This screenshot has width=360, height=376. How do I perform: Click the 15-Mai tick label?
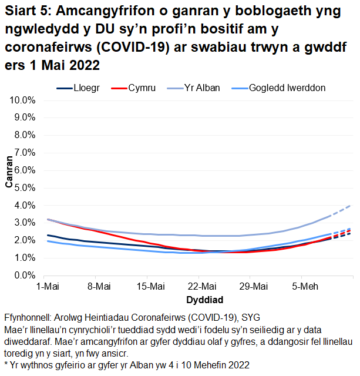pyautogui.click(x=150, y=287)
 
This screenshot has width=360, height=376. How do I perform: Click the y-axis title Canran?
pyautogui.click(x=9, y=172)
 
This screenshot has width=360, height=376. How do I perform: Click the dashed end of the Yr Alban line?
pyautogui.click(x=342, y=211)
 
